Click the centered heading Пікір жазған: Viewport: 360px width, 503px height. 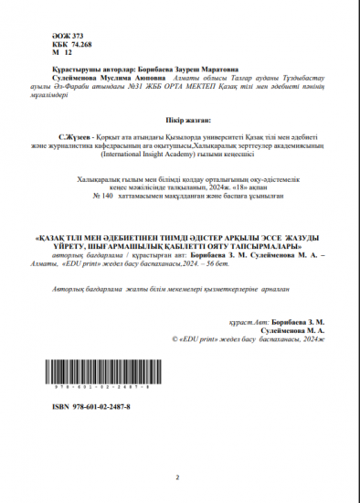coord(179,120)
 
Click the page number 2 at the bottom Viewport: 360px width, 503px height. coord(177,477)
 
